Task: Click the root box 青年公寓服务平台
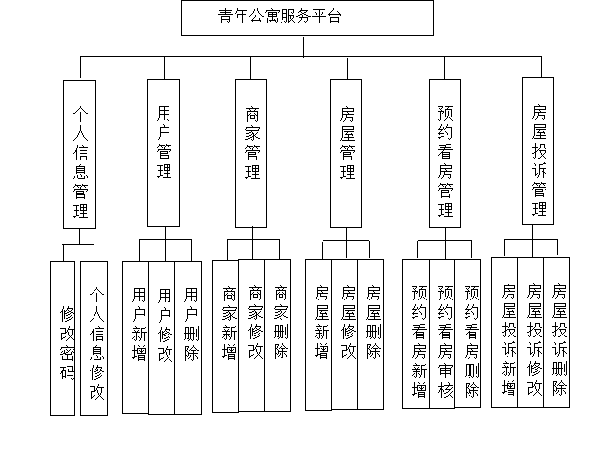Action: [x=307, y=18]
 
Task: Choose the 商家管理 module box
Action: [x=253, y=151]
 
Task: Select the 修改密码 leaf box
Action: [x=67, y=340]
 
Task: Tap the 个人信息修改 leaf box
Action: [x=94, y=340]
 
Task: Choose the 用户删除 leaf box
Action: [x=190, y=335]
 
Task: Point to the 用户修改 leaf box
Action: [x=164, y=335]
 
